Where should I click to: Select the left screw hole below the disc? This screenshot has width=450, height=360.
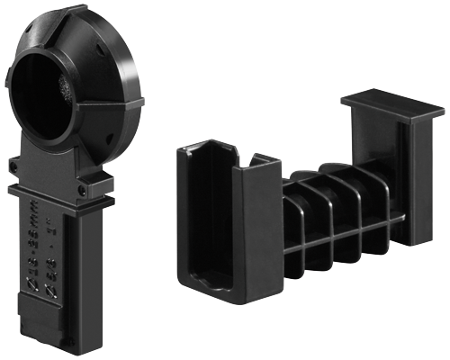pos(16,166)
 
